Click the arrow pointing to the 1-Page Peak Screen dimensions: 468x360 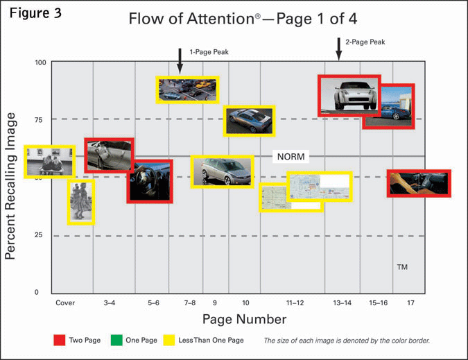coord(180,61)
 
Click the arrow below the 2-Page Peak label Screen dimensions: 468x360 coord(338,49)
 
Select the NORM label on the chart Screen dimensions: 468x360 coord(291,157)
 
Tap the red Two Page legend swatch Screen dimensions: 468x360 coord(60,340)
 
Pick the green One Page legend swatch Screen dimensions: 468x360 coord(116,340)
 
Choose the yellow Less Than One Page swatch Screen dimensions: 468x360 coord(169,340)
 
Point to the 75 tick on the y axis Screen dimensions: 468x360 coord(39,120)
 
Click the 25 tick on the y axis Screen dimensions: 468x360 coord(38,235)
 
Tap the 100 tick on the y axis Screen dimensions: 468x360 coord(41,62)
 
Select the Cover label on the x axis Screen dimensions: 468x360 coord(65,303)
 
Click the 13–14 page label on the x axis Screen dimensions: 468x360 coord(342,303)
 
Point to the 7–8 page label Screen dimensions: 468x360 coord(189,303)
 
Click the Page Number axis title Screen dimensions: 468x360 coord(245,319)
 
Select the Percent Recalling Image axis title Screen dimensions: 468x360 coord(10,186)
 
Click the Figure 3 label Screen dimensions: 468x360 coord(35,13)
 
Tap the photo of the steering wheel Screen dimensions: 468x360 coord(150,182)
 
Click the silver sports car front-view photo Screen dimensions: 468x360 coord(349,96)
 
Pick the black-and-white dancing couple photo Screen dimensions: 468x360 coord(81,202)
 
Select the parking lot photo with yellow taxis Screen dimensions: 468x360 coord(187,90)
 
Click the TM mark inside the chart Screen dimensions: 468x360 coord(402,267)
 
